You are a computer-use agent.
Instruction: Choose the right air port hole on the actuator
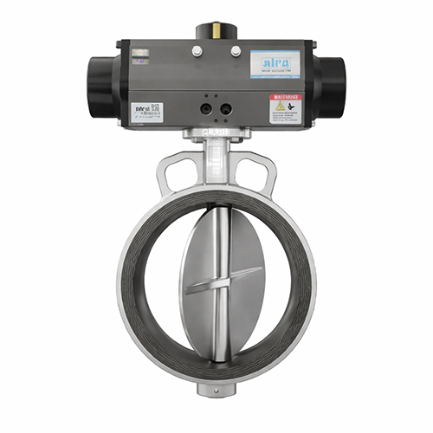226,109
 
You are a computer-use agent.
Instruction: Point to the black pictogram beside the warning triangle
295,106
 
